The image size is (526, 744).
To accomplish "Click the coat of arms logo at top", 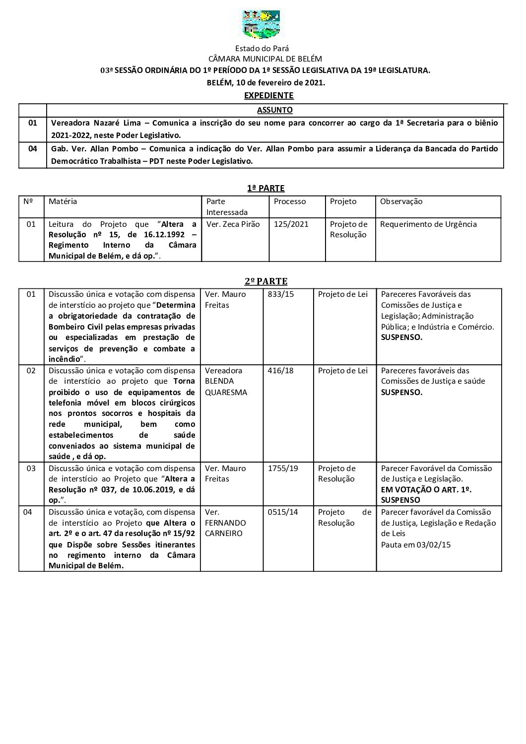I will click(x=261, y=25).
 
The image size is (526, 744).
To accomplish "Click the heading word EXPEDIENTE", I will click(x=268, y=95).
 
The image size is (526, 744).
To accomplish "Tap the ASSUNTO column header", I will click(x=274, y=110).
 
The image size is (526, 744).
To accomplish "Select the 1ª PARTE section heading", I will click(x=265, y=188).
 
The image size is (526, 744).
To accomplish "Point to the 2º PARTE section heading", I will click(x=265, y=281).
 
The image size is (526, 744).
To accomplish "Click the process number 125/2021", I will click(x=291, y=224).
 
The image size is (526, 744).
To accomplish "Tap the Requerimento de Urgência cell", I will click(x=428, y=224).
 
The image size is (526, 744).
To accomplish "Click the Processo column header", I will click(x=290, y=202).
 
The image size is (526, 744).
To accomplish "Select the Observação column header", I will click(x=401, y=202).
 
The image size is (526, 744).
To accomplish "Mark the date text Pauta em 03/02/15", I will click(x=415, y=544).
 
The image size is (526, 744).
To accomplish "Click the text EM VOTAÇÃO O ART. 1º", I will click(x=426, y=489).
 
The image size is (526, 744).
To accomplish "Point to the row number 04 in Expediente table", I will click(x=33, y=148).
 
